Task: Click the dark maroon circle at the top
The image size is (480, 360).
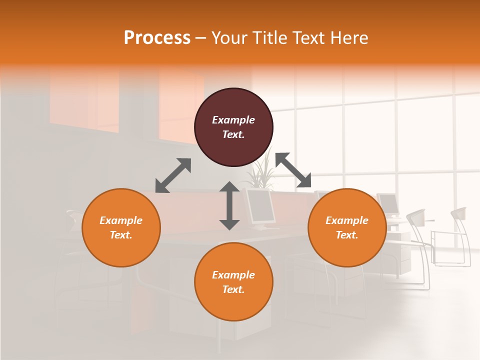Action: [233, 127]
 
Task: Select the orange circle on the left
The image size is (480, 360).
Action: [121, 228]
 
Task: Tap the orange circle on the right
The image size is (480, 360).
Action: [347, 228]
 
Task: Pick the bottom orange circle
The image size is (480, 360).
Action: [233, 282]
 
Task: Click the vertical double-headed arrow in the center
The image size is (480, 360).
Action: [229, 205]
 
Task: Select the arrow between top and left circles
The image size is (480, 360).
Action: [173, 175]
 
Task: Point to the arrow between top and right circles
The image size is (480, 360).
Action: [293, 170]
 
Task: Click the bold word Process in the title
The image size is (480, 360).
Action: [157, 37]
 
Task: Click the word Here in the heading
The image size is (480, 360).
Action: [349, 37]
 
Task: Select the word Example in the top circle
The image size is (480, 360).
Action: [233, 120]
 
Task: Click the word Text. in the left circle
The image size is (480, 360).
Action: [121, 235]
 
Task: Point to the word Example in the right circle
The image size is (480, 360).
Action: [347, 220]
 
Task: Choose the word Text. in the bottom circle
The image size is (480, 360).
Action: [233, 289]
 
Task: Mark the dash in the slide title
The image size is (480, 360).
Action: [201, 37]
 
